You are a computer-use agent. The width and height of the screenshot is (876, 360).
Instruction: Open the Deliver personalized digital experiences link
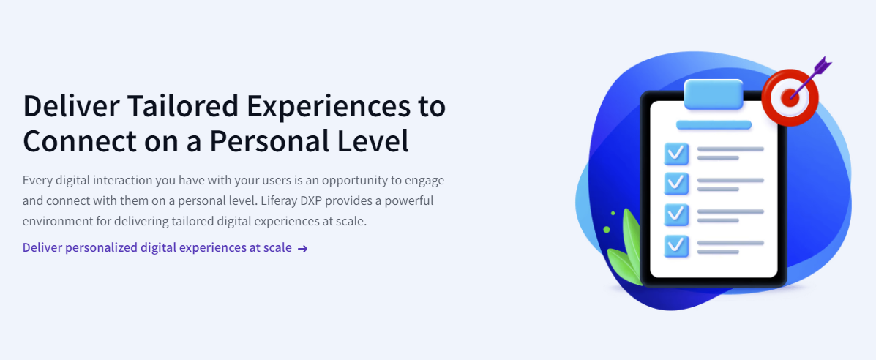(x=157, y=247)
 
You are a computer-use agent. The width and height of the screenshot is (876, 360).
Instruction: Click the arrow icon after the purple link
(x=302, y=249)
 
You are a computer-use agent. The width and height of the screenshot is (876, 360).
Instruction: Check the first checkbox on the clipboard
(x=676, y=154)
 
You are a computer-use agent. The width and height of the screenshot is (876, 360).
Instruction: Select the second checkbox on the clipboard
(x=676, y=184)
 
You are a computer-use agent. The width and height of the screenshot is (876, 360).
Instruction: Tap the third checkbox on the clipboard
(x=676, y=215)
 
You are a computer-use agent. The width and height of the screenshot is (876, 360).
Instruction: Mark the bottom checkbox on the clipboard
(x=676, y=246)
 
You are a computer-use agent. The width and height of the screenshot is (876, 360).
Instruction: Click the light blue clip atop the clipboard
(x=714, y=94)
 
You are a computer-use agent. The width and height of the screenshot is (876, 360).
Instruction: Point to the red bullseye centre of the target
(x=790, y=98)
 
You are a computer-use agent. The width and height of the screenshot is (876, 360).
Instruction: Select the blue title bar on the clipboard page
(x=714, y=124)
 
